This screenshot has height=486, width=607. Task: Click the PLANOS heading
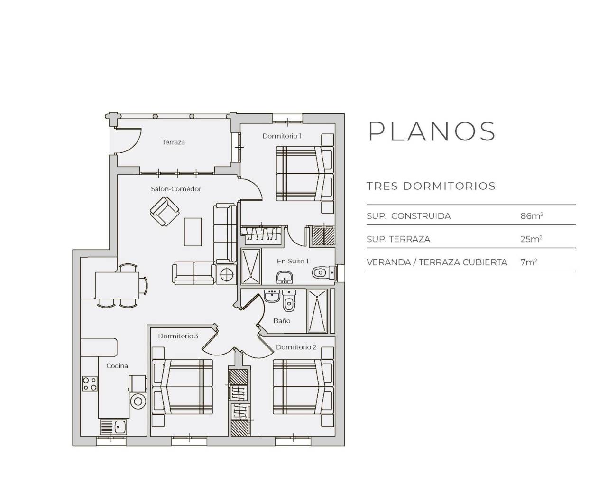coord(432,131)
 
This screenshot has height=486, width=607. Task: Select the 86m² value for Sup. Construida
coord(531,216)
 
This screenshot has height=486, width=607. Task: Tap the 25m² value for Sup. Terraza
coord(531,239)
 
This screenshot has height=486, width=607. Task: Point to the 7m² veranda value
coord(528,262)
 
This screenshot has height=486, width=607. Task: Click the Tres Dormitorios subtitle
coord(431,186)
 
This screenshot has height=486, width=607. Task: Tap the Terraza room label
coord(173,142)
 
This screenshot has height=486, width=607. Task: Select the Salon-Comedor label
coord(176,189)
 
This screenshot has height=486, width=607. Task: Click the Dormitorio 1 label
coord(282,136)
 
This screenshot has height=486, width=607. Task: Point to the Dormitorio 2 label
coord(296,347)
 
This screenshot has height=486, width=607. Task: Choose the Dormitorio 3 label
coord(178,336)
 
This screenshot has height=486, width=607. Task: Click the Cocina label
coord(117,366)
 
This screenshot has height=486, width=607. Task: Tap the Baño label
coord(282,321)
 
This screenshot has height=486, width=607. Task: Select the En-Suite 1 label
coord(293,261)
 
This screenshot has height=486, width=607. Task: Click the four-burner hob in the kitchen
coord(90,383)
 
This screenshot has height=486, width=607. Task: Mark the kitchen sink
coord(113,427)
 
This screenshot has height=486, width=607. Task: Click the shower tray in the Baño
coord(317,311)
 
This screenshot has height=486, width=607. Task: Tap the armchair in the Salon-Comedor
coord(164,212)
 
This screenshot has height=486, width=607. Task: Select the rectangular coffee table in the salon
coord(193,232)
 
